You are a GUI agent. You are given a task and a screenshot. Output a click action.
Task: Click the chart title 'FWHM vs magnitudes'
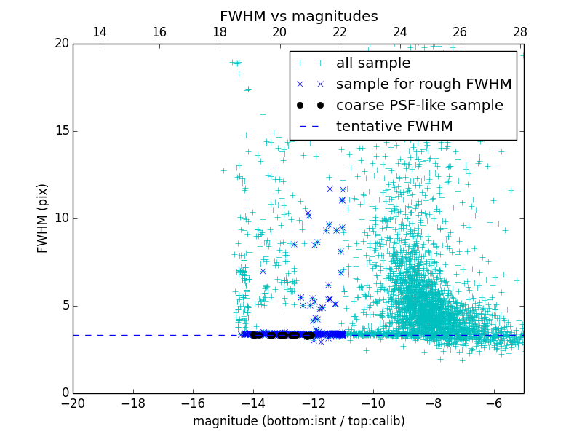(298, 16)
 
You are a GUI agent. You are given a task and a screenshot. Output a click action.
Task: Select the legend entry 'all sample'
(372, 63)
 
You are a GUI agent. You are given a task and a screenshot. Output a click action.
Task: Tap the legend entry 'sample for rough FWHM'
(423, 84)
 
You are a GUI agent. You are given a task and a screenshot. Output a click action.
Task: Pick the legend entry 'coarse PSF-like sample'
(419, 106)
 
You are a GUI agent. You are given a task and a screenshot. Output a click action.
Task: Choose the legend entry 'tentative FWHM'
(394, 127)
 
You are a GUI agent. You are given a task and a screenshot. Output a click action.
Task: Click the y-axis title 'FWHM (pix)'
(42, 219)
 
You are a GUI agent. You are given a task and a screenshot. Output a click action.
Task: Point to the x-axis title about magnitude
(298, 421)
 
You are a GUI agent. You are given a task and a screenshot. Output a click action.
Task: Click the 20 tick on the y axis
(60, 44)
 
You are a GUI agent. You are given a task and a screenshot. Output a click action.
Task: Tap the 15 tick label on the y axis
(60, 131)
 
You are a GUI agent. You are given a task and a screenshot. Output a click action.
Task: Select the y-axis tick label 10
(60, 219)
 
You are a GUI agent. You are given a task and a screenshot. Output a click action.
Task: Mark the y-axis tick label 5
(64, 306)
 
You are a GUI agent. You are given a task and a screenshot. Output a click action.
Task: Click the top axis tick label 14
(100, 32)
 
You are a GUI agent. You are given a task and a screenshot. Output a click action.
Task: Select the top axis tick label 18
(220, 32)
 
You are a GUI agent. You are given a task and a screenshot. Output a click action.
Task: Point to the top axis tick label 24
(400, 32)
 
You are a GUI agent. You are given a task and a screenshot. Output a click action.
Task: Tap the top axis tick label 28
(519, 32)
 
